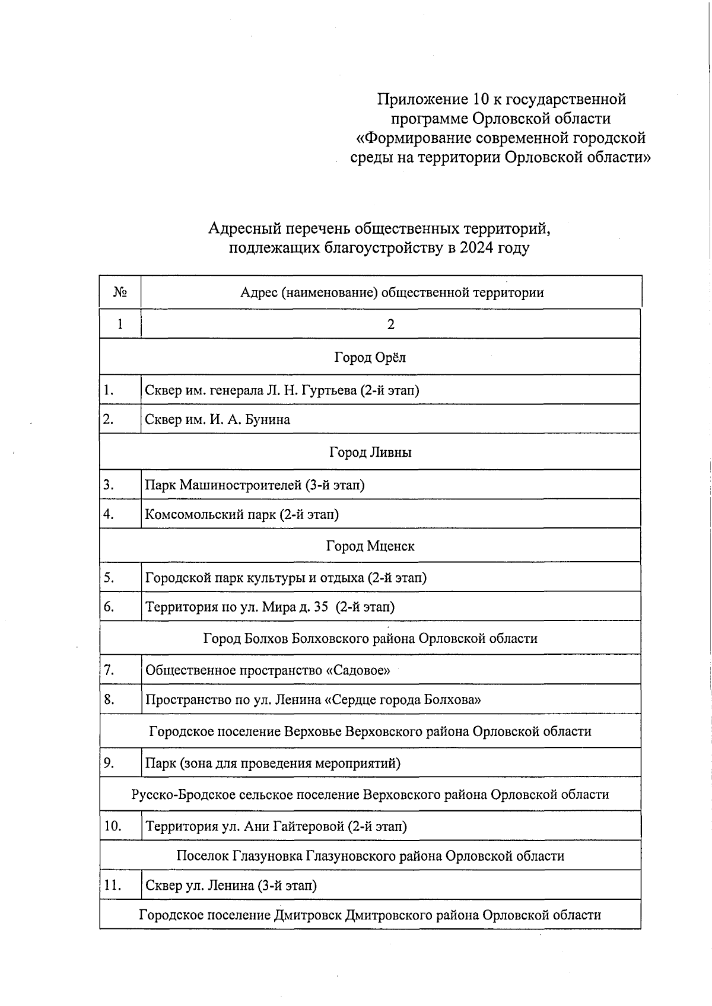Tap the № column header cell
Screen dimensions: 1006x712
120,292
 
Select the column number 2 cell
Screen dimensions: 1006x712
390,324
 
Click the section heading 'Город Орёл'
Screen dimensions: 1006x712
370,357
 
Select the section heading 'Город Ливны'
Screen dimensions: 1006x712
370,453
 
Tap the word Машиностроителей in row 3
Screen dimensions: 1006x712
241,485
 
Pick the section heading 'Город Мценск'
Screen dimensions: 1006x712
370,546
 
